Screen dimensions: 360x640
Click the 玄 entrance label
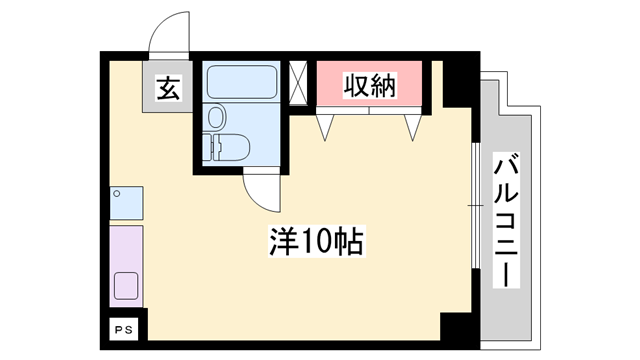(x=168, y=88)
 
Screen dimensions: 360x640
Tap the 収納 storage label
(x=370, y=85)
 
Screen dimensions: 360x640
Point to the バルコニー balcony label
(x=505, y=219)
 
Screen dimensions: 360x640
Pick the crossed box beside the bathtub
(x=298, y=82)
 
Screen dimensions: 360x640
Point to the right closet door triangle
(x=412, y=126)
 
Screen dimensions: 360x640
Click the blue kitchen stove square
(x=126, y=204)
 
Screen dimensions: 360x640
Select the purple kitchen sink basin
(x=127, y=285)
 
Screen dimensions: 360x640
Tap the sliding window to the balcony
(x=472, y=205)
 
